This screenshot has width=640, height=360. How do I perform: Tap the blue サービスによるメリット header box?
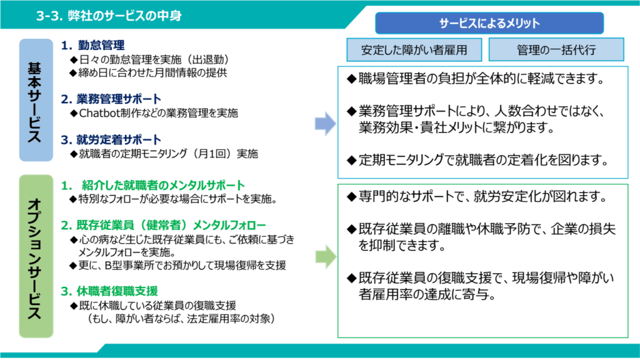[489, 23]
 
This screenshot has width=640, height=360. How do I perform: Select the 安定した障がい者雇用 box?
[414, 49]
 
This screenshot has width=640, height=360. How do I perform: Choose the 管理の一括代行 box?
[556, 49]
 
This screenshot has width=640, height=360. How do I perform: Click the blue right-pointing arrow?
[324, 124]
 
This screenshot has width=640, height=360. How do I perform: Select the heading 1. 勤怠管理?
[93, 45]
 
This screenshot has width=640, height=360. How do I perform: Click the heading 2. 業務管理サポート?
[111, 99]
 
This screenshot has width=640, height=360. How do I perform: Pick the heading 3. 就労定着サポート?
[111, 139]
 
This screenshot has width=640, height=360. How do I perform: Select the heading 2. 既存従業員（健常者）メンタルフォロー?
[163, 225]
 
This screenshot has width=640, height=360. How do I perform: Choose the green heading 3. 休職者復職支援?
[109, 291]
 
